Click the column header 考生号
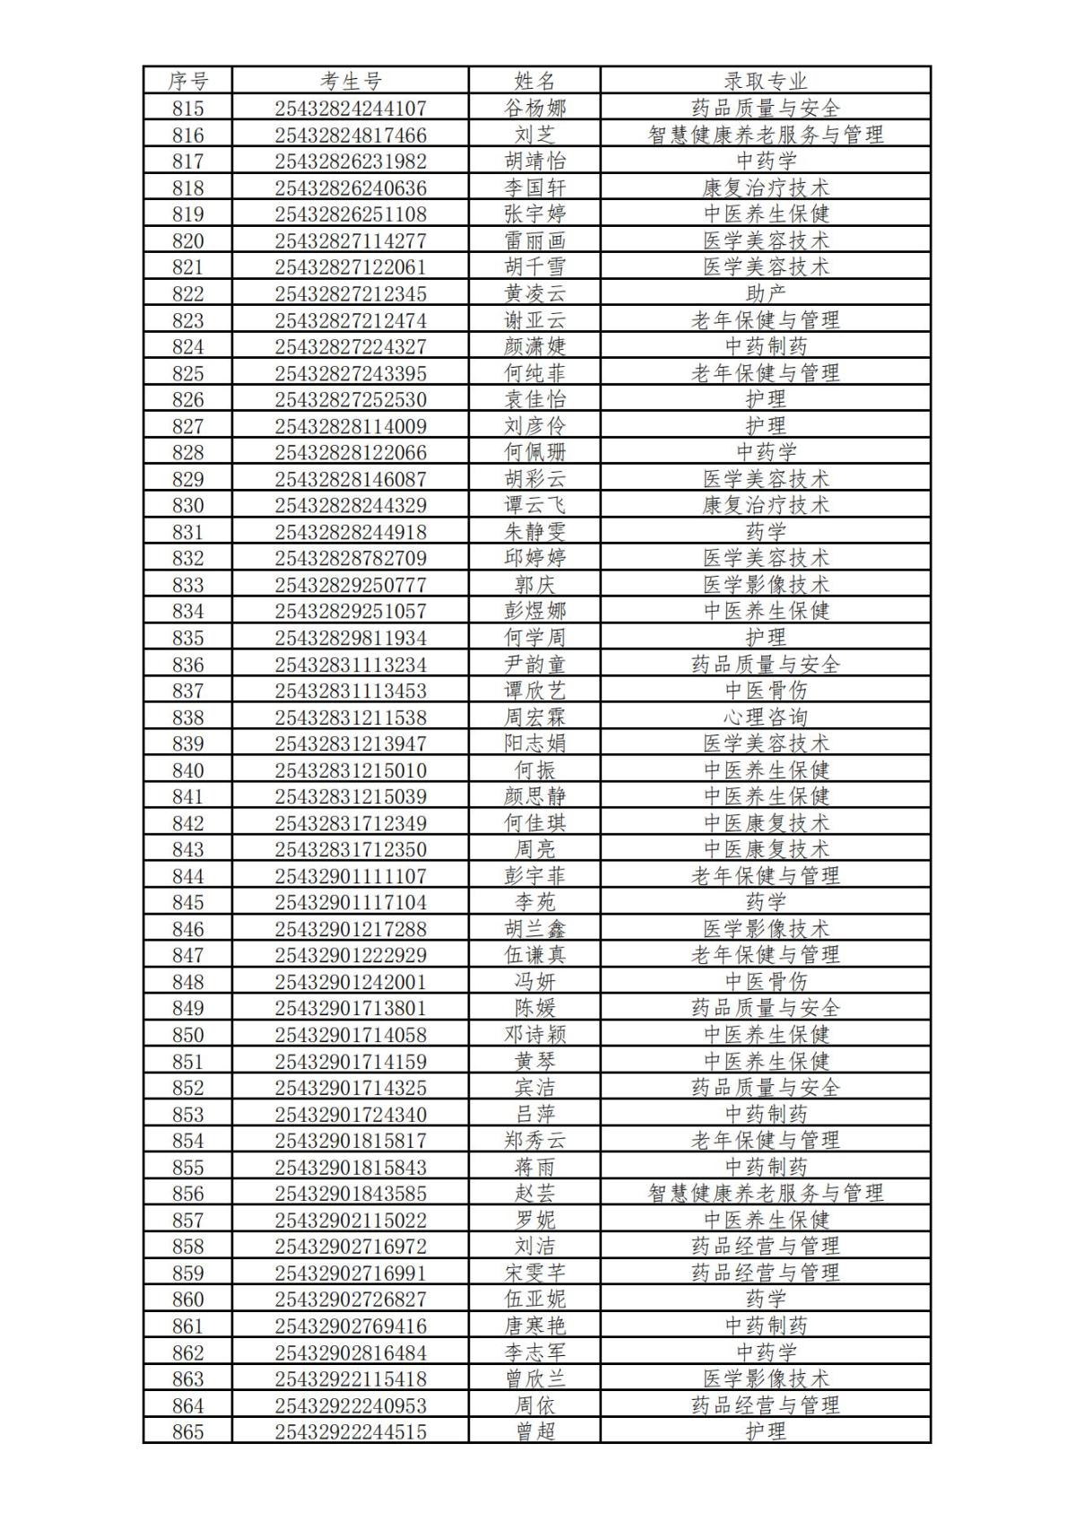point(351,82)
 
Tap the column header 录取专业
point(765,82)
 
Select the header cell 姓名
point(534,82)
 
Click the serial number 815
point(187,109)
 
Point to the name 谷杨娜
point(534,109)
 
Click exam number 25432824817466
point(351,135)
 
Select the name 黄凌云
point(534,294)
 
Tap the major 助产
point(765,294)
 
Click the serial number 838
point(187,718)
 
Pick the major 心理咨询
point(765,718)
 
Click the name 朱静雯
point(534,532)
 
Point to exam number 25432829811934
point(351,638)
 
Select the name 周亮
point(534,849)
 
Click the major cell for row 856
point(765,1194)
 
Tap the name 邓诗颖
point(534,1035)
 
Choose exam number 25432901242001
point(351,982)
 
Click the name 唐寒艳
point(534,1326)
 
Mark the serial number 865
point(187,1431)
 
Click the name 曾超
point(534,1431)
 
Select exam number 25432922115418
point(351,1378)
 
